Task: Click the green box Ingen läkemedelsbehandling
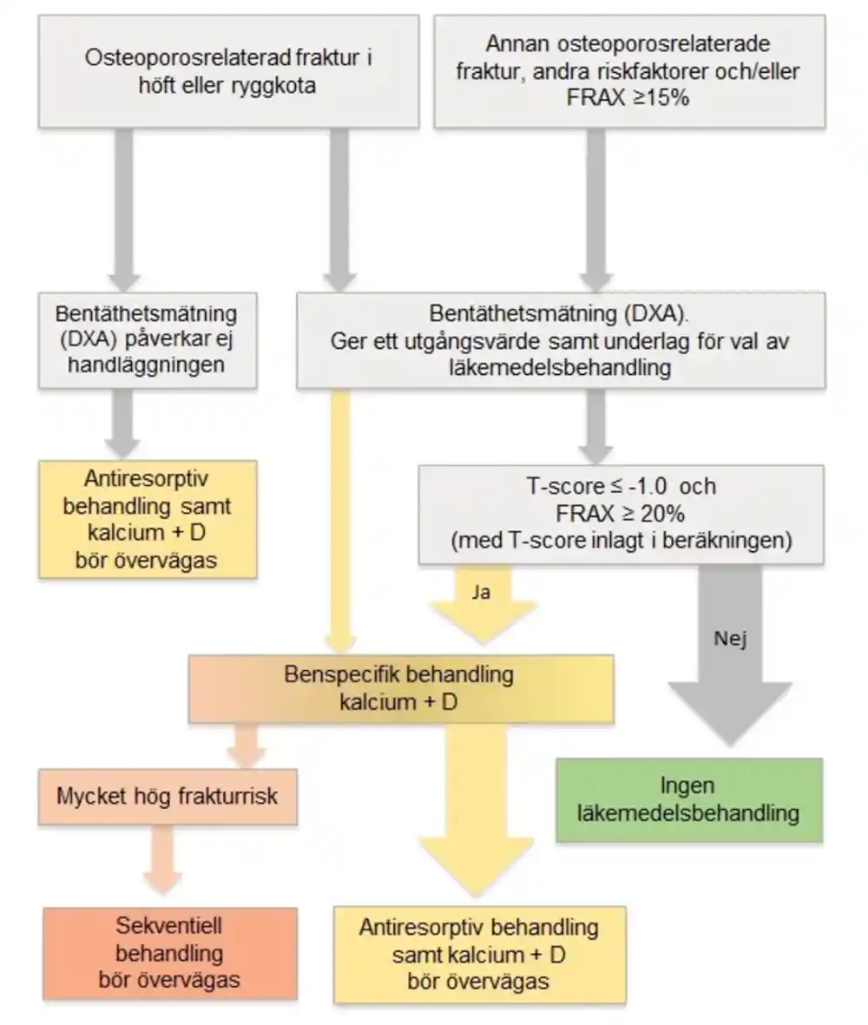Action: tap(689, 800)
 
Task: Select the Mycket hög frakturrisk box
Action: tap(168, 796)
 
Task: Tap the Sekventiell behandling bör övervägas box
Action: tap(170, 953)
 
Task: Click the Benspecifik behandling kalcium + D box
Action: tap(401, 688)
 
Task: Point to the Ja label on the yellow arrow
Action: tap(481, 592)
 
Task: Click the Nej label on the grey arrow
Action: tap(730, 638)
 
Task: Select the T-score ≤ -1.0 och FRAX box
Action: tap(621, 515)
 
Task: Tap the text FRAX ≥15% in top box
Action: tap(628, 98)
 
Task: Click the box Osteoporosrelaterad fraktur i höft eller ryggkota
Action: tap(228, 71)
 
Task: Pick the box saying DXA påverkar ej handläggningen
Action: tap(147, 340)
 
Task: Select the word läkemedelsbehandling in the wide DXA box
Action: tap(560, 367)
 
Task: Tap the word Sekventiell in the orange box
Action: tap(168, 926)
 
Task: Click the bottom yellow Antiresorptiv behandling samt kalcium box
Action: tap(480, 955)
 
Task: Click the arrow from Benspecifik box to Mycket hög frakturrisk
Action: tap(247, 746)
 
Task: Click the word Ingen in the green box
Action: tap(687, 785)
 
